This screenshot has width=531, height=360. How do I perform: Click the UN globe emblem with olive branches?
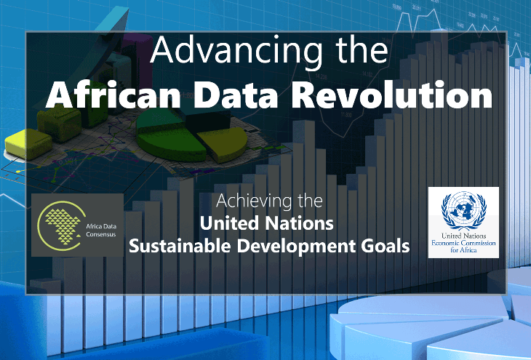(x=463, y=210)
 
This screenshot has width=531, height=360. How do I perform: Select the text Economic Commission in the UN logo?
(x=463, y=243)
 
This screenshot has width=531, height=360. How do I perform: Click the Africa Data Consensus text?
(x=101, y=231)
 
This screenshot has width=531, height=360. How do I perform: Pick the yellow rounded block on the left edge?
(x=28, y=144)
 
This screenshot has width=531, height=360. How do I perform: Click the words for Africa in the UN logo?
(x=463, y=250)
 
